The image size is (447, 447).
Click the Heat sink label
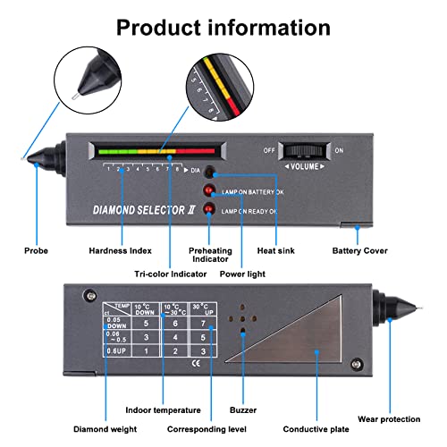275,251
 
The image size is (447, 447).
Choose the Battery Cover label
359,251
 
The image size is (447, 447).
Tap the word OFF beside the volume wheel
268,150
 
